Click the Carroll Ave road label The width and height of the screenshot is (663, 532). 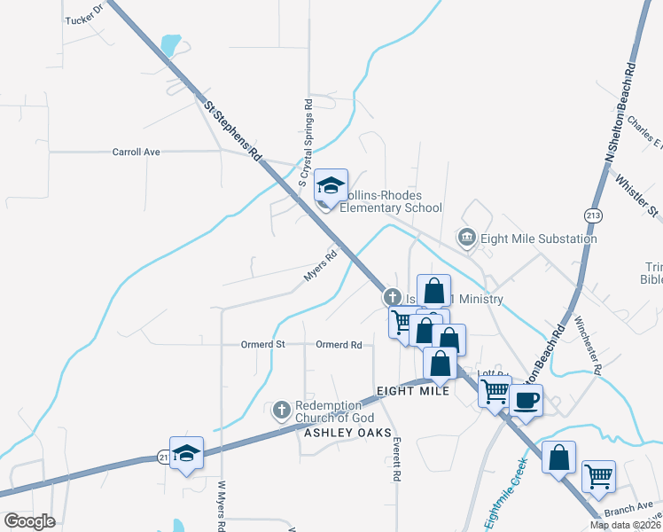point(136,152)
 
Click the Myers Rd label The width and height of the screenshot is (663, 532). point(321,265)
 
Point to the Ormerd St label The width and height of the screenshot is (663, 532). point(263,344)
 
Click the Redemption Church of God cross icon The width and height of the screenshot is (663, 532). point(282,411)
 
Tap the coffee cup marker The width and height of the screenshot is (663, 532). point(525,400)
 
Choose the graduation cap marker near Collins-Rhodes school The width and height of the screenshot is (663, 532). point(331,185)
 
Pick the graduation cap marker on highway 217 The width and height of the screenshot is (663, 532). point(186,453)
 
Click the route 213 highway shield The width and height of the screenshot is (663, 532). point(592,214)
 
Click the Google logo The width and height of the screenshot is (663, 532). point(30,520)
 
